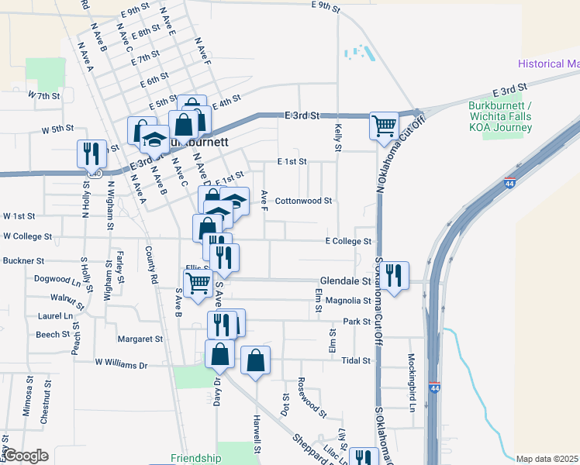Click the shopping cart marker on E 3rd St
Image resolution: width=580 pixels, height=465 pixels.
click(x=384, y=125)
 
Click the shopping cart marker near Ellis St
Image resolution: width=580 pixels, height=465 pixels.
click(x=198, y=283)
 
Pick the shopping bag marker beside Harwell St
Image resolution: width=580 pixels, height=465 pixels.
click(x=256, y=360)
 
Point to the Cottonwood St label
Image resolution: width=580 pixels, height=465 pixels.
click(x=303, y=200)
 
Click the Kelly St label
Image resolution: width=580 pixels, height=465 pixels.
click(x=337, y=131)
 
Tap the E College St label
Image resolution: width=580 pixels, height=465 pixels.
click(x=349, y=242)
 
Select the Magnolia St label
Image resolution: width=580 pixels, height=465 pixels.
click(x=348, y=301)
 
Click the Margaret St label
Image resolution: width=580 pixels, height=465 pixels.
click(x=140, y=339)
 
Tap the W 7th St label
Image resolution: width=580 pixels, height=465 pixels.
click(x=43, y=96)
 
